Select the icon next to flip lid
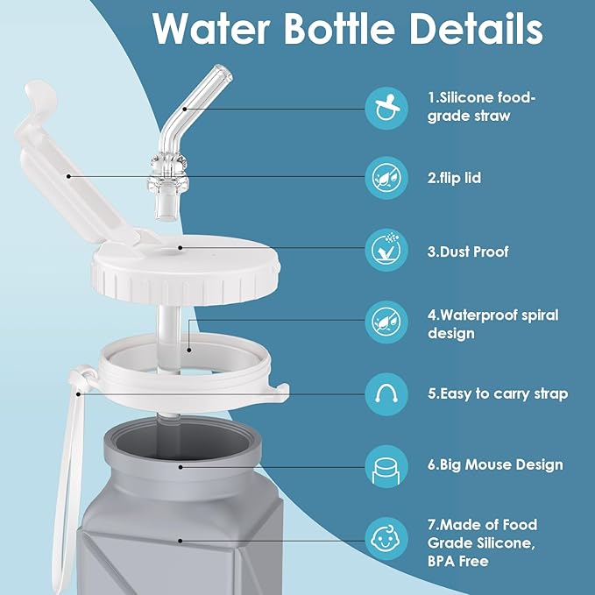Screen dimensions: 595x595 (388, 179)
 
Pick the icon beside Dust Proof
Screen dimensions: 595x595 (388, 251)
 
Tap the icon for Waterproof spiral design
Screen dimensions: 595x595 (388, 322)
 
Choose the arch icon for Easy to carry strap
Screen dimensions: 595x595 (388, 393)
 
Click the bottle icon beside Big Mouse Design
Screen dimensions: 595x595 (388, 464)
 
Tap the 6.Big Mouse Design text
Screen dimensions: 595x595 (495, 464)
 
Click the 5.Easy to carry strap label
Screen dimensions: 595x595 (497, 393)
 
